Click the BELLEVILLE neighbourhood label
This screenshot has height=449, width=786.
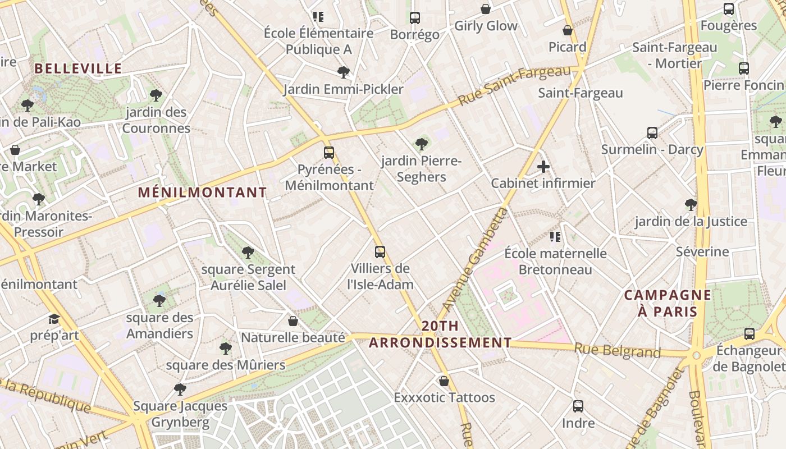[x=78, y=68]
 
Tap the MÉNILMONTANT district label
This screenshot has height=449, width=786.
[x=202, y=193]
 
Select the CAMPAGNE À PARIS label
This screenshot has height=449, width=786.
[x=668, y=303]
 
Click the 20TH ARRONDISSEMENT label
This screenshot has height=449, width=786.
[x=440, y=335]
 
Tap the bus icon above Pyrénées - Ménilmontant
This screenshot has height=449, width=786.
[x=329, y=152]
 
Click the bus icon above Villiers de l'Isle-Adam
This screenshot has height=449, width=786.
[x=380, y=251]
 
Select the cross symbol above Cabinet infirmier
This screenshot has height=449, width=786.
[x=543, y=167]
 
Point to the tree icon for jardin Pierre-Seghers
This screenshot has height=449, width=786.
[x=421, y=144]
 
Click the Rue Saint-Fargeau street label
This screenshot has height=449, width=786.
[x=514, y=86]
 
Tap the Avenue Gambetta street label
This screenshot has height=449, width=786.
[x=474, y=260]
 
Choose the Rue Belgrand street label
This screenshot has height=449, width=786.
[x=617, y=351]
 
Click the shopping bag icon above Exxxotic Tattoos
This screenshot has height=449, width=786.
[x=444, y=381]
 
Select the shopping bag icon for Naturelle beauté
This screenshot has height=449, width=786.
[x=293, y=321]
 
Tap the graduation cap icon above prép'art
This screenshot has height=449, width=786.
[x=54, y=319]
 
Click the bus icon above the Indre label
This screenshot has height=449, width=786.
[x=578, y=406]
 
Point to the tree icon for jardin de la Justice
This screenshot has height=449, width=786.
[x=691, y=205]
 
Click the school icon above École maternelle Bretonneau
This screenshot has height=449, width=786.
[x=555, y=237]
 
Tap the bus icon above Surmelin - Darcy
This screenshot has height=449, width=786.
[x=652, y=133]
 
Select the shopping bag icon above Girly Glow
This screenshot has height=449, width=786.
[x=486, y=9]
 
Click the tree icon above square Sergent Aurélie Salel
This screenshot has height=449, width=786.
[x=248, y=253]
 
